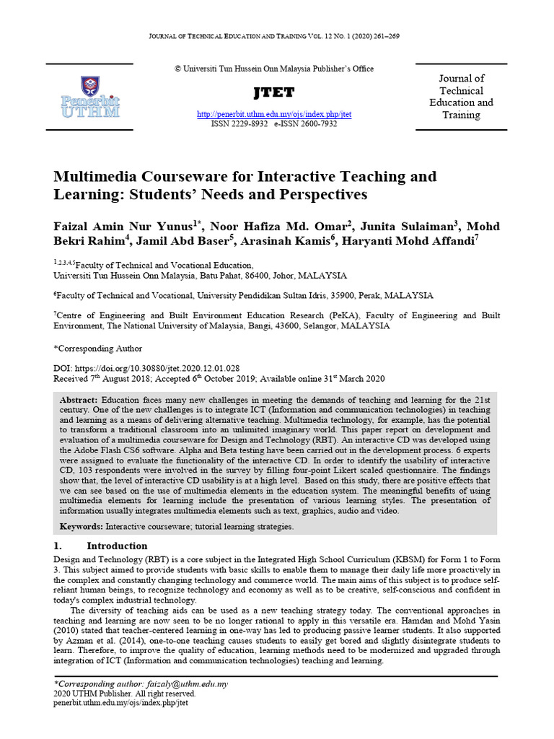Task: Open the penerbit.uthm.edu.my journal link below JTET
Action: click(x=274, y=115)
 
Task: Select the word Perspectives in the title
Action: click(x=320, y=195)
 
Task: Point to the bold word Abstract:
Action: click(x=79, y=400)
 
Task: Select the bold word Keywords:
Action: click(x=82, y=527)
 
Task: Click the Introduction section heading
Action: click(x=117, y=546)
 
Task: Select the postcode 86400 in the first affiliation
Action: click(x=247, y=276)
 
